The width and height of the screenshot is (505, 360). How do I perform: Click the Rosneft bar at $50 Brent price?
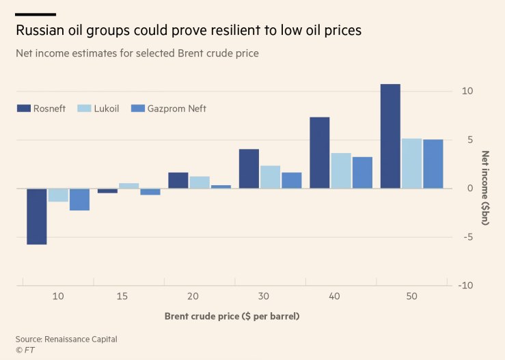(390, 136)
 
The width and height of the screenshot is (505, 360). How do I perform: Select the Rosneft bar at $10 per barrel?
(37, 216)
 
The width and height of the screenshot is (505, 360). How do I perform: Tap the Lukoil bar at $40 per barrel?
(340, 171)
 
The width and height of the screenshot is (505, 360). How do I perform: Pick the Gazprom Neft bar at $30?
(291, 180)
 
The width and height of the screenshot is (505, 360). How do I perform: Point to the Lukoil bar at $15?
(128, 186)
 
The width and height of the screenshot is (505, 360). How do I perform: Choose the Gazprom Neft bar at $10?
(79, 199)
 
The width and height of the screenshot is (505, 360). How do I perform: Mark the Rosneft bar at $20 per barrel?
(178, 180)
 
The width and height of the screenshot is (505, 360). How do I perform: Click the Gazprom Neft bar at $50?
(433, 164)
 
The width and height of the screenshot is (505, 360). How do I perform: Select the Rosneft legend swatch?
(23, 109)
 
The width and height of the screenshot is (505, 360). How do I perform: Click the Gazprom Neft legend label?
(176, 109)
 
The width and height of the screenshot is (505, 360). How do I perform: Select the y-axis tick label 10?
(467, 92)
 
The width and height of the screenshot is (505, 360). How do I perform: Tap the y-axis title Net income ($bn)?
(485, 188)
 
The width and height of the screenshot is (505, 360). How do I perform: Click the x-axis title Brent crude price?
(232, 316)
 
